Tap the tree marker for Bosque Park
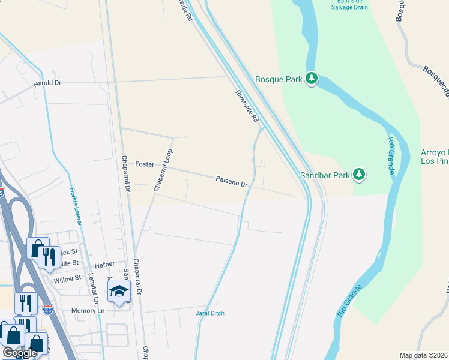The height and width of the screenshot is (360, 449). click(312, 78)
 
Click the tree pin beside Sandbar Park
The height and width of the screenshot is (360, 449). click(359, 174)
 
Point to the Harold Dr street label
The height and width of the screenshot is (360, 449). click(48, 83)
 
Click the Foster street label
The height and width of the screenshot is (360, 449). click(145, 164)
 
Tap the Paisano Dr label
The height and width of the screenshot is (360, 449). click(232, 181)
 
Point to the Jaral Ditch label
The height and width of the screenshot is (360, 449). click(210, 313)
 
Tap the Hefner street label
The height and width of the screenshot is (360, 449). click(104, 265)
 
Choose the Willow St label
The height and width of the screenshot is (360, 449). click(67, 279)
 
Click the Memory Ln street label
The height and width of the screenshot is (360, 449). click(88, 311)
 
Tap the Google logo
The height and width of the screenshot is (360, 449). click(20, 353)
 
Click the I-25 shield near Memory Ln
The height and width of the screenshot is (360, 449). click(48, 310)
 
